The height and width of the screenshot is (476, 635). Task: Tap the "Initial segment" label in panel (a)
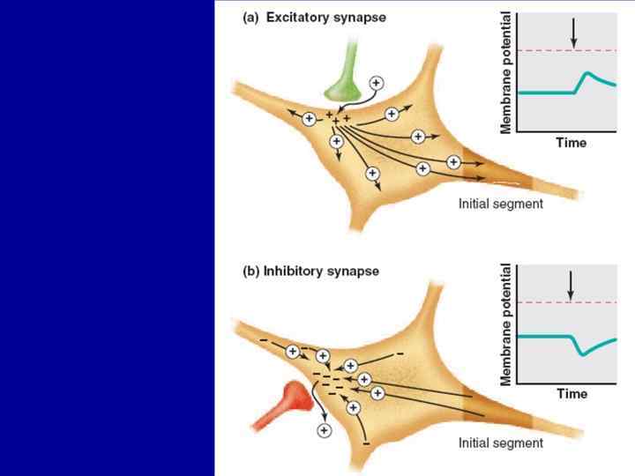click(x=501, y=204)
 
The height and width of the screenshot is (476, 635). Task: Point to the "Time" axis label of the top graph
click(x=571, y=142)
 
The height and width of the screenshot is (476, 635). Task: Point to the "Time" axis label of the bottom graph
click(x=571, y=394)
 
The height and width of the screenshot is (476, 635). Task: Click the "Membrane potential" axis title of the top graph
click(x=506, y=72)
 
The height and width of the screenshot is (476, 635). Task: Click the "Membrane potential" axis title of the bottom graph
click(x=506, y=325)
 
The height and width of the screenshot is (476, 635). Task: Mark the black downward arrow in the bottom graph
click(x=571, y=285)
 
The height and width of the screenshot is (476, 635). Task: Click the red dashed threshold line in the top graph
click(x=547, y=50)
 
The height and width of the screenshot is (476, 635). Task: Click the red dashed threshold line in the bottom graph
click(x=547, y=302)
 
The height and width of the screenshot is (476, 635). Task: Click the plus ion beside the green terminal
click(x=376, y=83)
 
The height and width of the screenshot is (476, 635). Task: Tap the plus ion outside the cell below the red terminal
click(x=324, y=430)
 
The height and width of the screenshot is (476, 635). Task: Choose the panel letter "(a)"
click(x=250, y=18)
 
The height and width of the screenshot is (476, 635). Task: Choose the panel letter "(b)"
click(x=250, y=271)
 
